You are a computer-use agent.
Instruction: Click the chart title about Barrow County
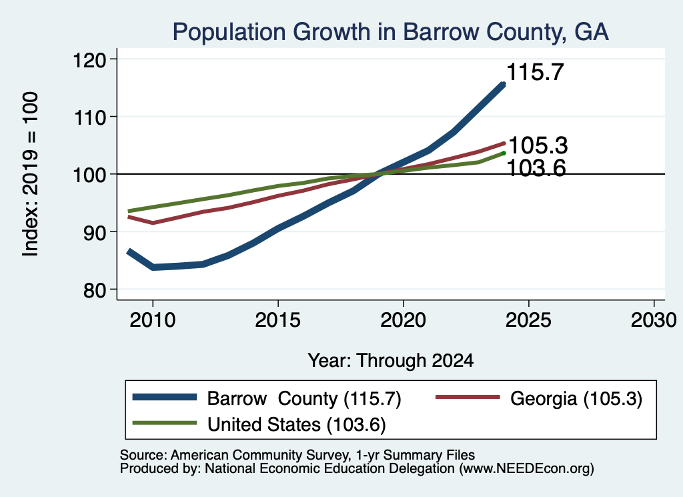point(390,32)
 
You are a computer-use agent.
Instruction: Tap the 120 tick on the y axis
point(90,59)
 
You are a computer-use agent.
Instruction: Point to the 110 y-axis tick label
point(90,117)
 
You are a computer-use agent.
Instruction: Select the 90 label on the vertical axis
point(95,233)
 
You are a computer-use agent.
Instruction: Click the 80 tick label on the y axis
point(95,290)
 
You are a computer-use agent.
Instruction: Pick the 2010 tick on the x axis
point(153,320)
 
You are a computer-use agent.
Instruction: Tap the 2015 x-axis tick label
point(278,320)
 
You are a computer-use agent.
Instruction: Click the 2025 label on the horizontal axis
point(528,320)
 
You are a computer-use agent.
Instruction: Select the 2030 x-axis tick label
point(654,320)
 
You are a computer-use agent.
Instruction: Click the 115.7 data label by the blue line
point(536,72)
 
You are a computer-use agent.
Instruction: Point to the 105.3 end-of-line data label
point(538,145)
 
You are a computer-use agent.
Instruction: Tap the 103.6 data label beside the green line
point(537,168)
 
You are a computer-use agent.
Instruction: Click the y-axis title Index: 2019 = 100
point(31,174)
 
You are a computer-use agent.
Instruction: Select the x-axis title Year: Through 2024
point(391,361)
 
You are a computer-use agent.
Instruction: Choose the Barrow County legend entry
point(267,398)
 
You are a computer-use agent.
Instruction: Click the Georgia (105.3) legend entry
point(539,398)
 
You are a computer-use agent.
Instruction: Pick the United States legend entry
point(259,424)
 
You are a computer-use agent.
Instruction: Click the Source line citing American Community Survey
point(297,455)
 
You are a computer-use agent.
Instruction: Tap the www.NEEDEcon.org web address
point(526,469)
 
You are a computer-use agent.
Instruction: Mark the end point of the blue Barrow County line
point(504,84)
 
